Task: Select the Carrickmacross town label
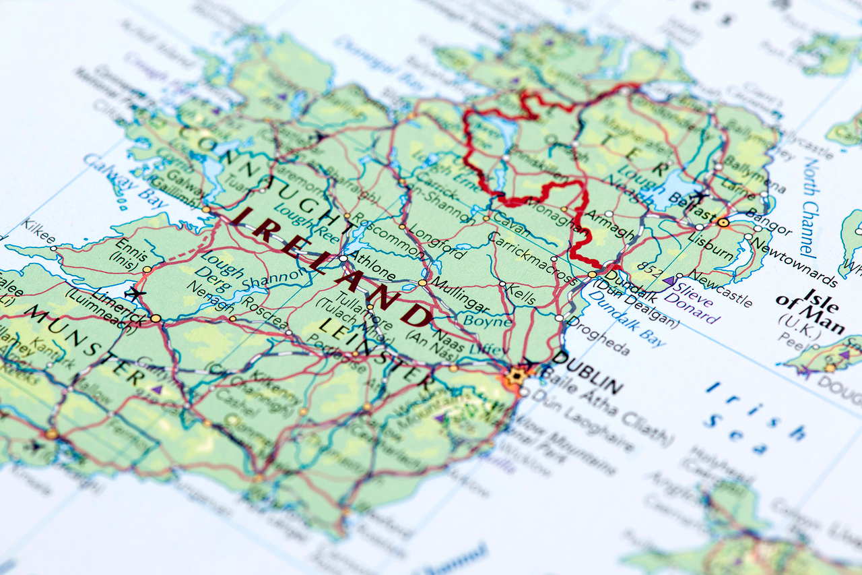531,258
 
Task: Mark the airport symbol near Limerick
135,294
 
